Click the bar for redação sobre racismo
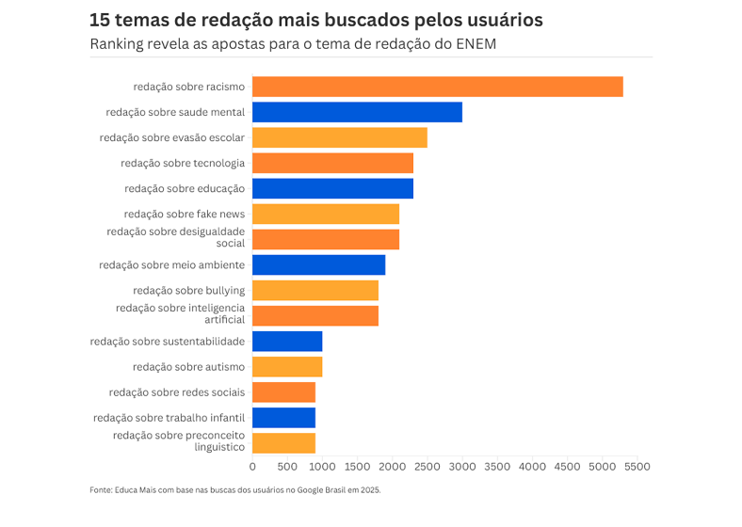click(x=437, y=87)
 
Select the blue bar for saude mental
click(x=357, y=112)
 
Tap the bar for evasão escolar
click(x=339, y=137)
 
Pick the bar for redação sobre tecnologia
click(x=332, y=163)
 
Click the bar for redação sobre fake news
click(x=325, y=214)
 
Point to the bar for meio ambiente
click(x=318, y=264)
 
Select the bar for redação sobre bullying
click(x=315, y=290)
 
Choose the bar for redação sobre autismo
click(x=287, y=367)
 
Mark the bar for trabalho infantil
click(x=283, y=418)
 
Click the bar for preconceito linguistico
click(x=283, y=443)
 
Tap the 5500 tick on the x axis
click(x=637, y=466)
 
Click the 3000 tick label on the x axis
click(x=462, y=466)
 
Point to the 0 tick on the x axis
click(x=252, y=466)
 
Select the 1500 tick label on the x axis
click(x=357, y=466)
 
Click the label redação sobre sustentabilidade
click(x=168, y=342)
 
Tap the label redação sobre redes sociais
click(x=177, y=392)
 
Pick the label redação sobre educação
click(x=185, y=188)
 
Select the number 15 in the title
click(x=100, y=20)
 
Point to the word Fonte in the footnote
click(x=101, y=490)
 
